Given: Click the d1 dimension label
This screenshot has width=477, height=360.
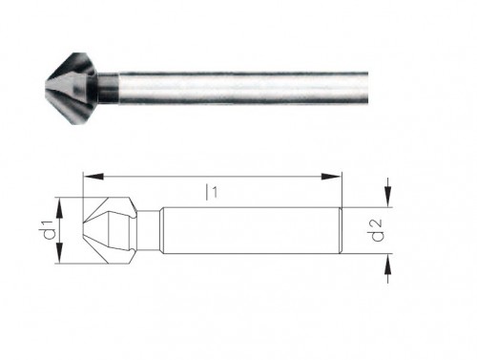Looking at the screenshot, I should tap(45, 231).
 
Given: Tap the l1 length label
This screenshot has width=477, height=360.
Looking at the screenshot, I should tap(213, 191).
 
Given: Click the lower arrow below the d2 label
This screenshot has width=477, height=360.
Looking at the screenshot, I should tap(387, 270).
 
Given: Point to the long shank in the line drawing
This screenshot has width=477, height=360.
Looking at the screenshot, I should tap(248, 229).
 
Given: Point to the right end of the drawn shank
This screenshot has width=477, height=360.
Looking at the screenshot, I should tap(341, 229).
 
